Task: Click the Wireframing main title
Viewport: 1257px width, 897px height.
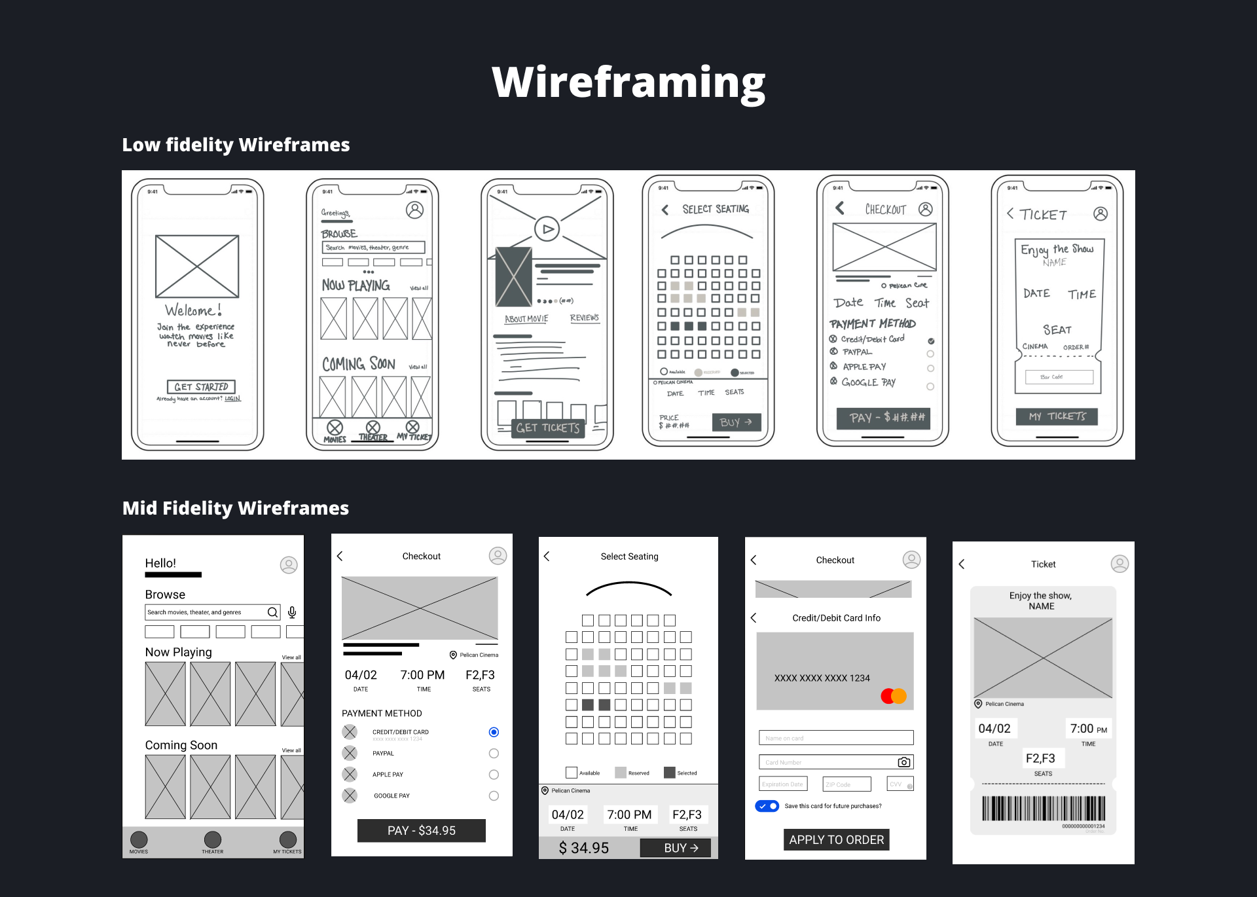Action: tap(628, 83)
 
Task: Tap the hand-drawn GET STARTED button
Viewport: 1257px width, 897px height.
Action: tap(201, 387)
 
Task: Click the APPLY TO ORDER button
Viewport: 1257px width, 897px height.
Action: tap(836, 839)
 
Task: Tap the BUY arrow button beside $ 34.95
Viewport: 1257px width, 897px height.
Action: tap(681, 848)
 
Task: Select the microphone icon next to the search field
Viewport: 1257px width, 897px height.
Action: tap(292, 612)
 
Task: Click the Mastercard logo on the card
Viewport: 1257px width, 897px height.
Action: tap(894, 695)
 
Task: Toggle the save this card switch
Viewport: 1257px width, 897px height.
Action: tap(767, 806)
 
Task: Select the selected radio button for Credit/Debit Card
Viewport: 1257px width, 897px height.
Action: tap(494, 732)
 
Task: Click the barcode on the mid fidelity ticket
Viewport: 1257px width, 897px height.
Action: tap(1043, 808)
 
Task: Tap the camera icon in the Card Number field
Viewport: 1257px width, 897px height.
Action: tap(903, 762)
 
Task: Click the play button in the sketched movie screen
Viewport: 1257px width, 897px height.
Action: tap(547, 229)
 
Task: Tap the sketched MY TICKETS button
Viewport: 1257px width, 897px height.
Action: tap(1057, 416)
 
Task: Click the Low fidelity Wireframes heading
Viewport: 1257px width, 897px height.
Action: tap(236, 145)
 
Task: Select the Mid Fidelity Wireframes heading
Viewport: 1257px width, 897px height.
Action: tap(236, 508)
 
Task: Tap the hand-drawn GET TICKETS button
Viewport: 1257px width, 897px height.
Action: tap(547, 428)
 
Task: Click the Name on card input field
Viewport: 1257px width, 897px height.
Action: tap(836, 738)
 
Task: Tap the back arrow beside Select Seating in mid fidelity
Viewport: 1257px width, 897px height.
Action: tap(547, 557)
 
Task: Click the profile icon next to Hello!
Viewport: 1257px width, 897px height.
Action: tap(289, 565)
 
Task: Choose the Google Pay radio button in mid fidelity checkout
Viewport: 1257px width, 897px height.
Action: tap(494, 796)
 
